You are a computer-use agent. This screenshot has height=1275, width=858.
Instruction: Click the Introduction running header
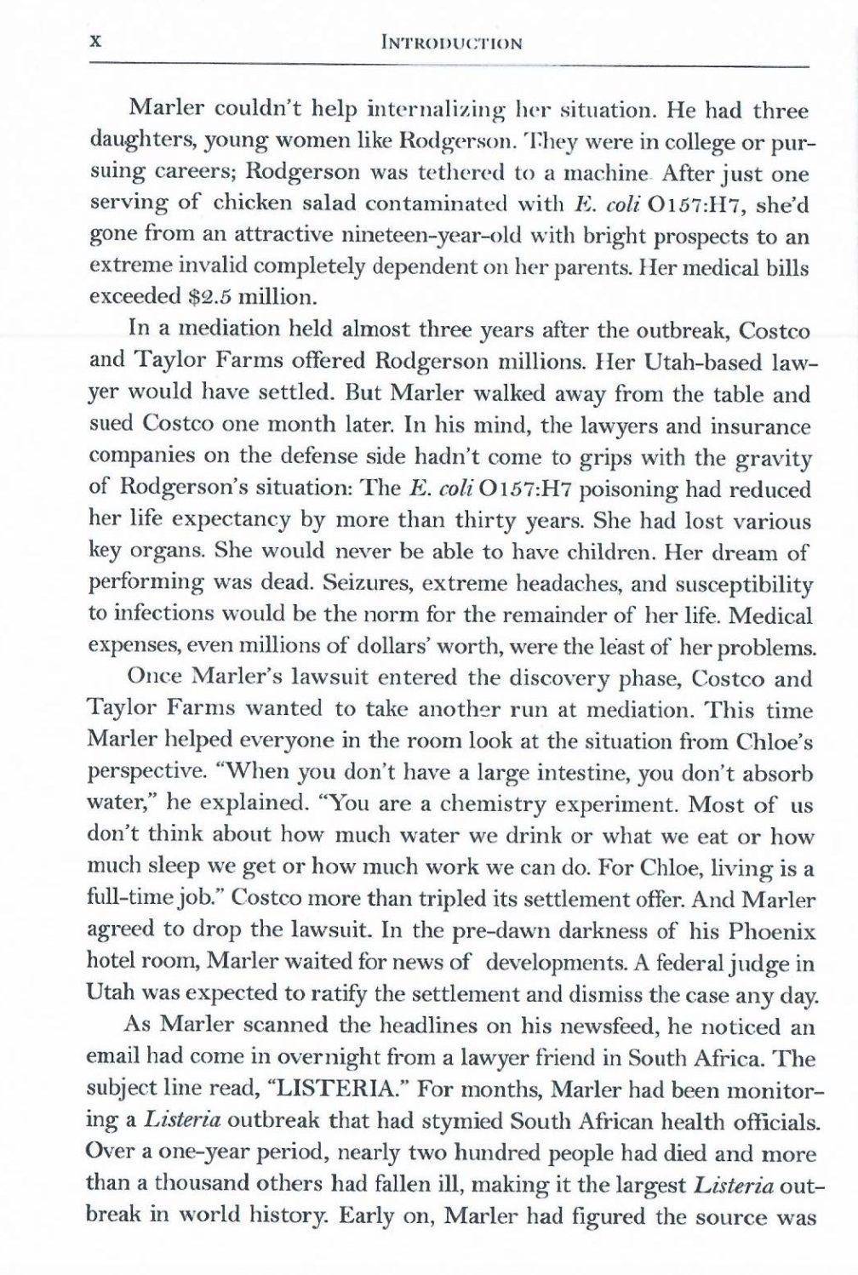453,42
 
